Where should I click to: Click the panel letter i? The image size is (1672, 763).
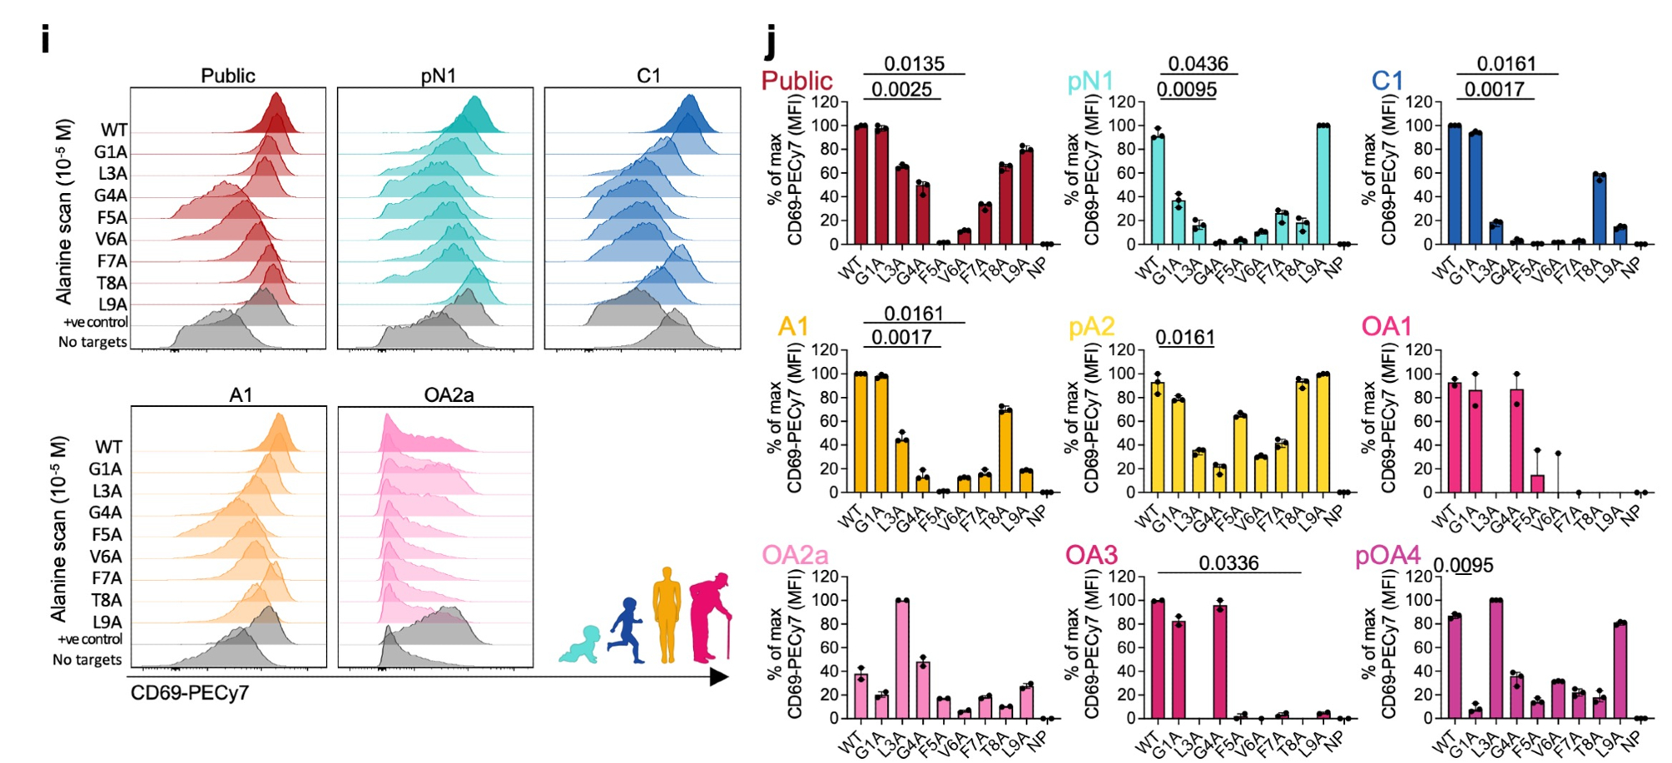pyautogui.click(x=45, y=38)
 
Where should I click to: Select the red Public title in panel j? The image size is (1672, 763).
pyautogui.click(x=797, y=81)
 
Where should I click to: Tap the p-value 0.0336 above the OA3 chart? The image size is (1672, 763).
pyautogui.click(x=1228, y=563)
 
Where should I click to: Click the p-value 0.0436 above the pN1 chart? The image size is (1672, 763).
pyautogui.click(x=1198, y=64)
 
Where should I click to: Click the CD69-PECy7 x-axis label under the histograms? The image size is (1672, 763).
pyautogui.click(x=190, y=693)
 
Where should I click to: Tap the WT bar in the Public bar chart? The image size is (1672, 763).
pyautogui.click(x=861, y=185)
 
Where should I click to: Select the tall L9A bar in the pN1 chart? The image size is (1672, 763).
pyautogui.click(x=1323, y=185)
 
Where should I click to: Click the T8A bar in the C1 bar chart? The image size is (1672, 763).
pyautogui.click(x=1599, y=210)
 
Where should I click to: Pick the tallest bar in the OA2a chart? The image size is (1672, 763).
pyautogui.click(x=902, y=659)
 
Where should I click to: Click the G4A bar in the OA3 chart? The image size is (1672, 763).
pyautogui.click(x=1220, y=661)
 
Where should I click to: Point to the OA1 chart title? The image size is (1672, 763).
pyautogui.click(x=1386, y=327)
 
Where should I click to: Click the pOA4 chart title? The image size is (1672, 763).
pyautogui.click(x=1388, y=556)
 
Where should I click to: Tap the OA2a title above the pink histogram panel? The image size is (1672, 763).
pyautogui.click(x=449, y=394)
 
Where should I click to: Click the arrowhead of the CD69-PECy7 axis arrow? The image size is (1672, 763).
pyautogui.click(x=719, y=677)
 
